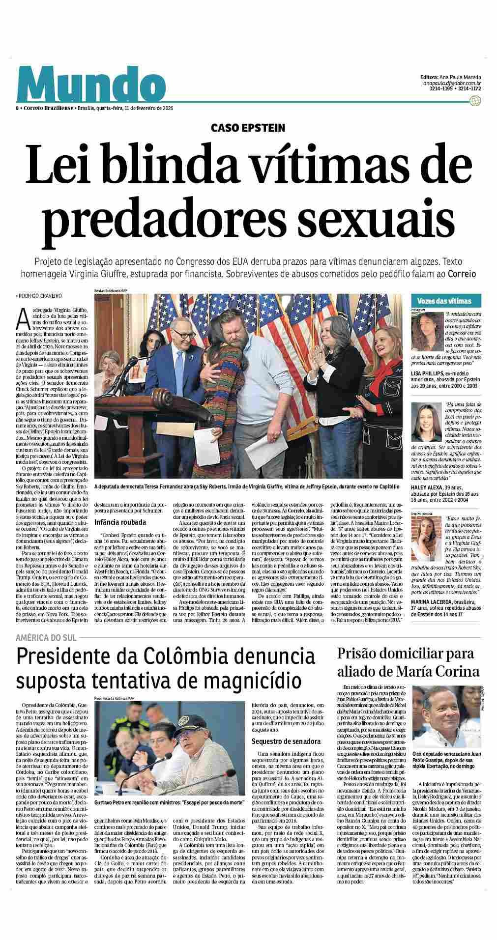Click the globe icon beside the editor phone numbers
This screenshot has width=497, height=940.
coord(474,100)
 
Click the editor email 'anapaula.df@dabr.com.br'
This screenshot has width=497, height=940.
coord(451,84)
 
